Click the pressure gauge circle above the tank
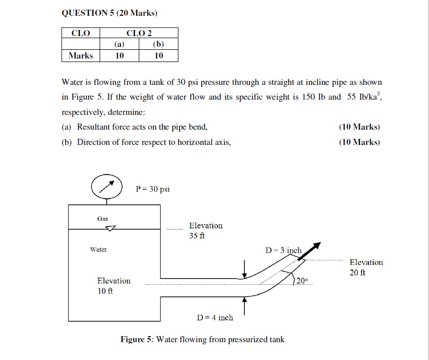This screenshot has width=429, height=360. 106,187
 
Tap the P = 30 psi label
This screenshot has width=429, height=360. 153,189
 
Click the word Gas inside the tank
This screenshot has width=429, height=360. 103,219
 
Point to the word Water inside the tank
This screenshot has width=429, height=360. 99,250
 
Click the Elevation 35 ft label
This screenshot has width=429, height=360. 205,230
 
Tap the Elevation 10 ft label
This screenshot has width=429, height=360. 113,285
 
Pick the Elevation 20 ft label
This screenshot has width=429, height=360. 366,267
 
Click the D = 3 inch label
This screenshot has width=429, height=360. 284,250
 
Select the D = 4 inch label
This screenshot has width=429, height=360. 214,317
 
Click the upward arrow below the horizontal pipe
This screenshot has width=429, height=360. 244,305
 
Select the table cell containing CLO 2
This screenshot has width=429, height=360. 139,33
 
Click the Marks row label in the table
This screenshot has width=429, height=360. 81,55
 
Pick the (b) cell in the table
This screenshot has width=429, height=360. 159,44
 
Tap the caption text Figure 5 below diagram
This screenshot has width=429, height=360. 202,339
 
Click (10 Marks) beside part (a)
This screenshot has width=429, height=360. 359,127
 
